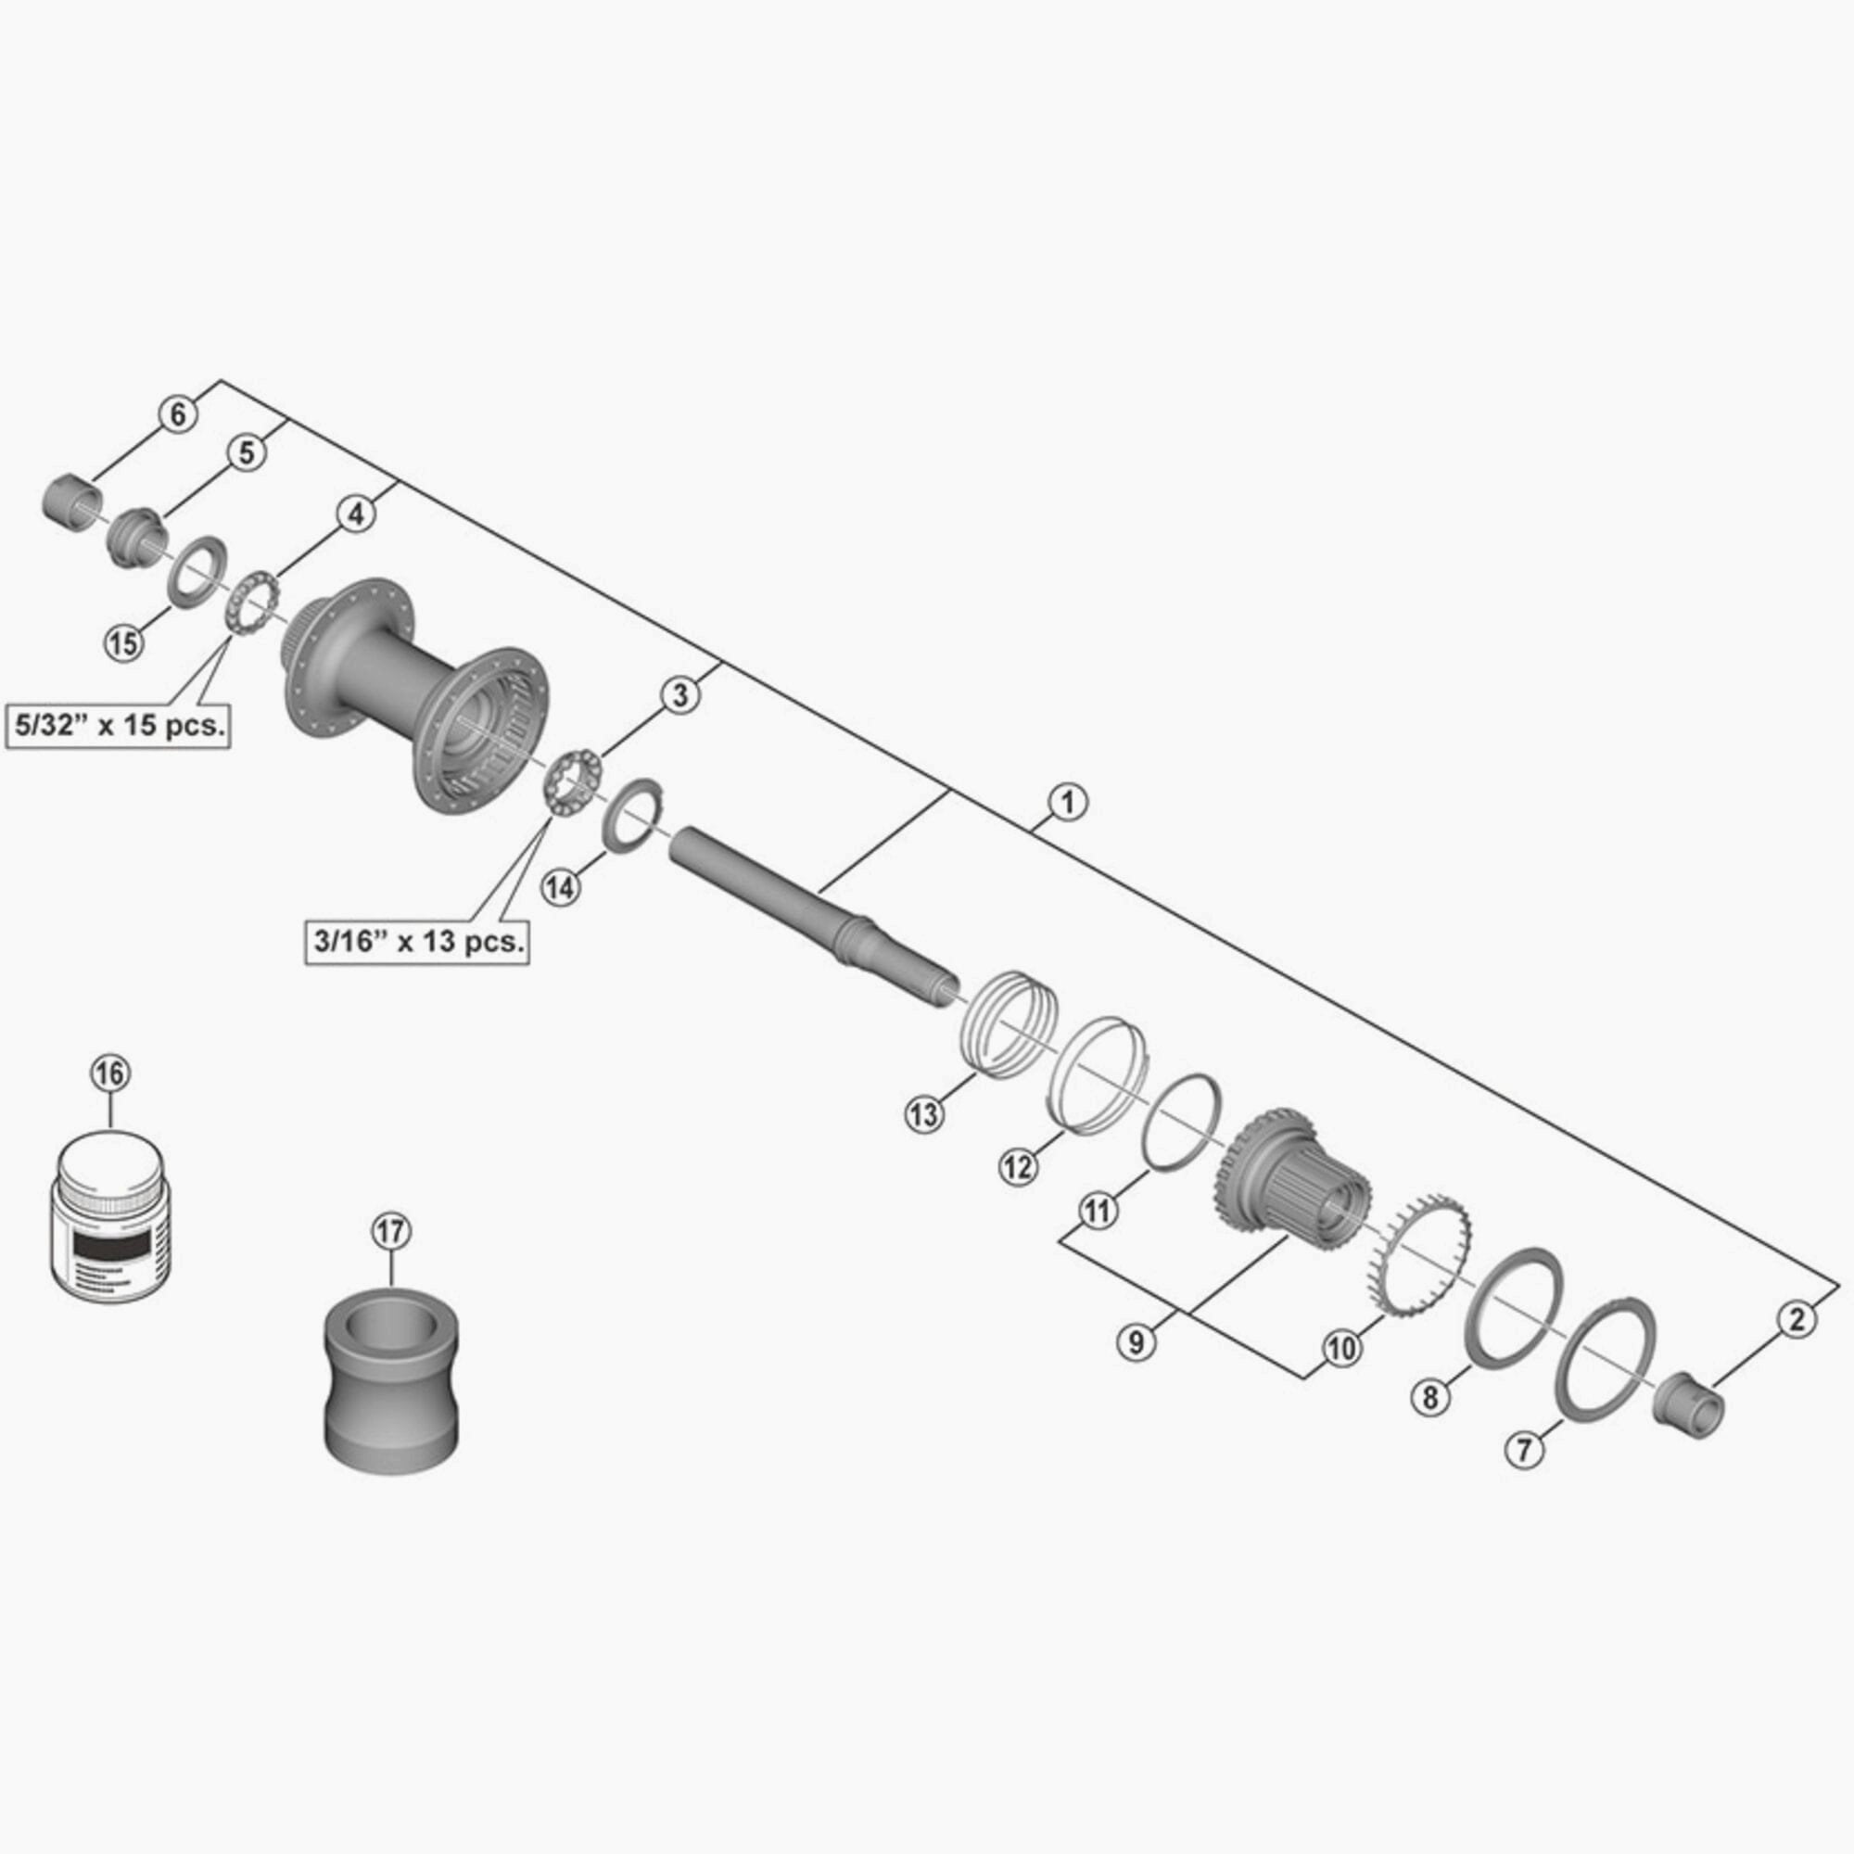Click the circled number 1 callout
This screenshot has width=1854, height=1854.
pos(1067,800)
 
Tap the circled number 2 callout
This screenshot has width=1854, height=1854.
pos(1797,1319)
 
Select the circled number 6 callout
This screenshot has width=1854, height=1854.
pos(179,415)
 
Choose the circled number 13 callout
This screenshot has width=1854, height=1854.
pos(924,1114)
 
